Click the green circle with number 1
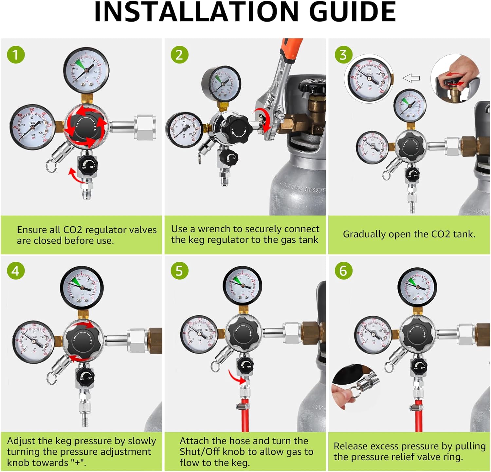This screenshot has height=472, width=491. [16, 55]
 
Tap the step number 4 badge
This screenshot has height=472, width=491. [15, 271]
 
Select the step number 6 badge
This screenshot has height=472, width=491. [343, 271]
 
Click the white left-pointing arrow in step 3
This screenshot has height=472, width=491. [411, 78]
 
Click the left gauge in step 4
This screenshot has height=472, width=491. [34, 342]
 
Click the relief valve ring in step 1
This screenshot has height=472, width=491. [51, 166]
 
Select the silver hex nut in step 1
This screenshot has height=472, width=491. [145, 127]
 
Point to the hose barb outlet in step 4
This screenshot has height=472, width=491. [85, 419]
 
